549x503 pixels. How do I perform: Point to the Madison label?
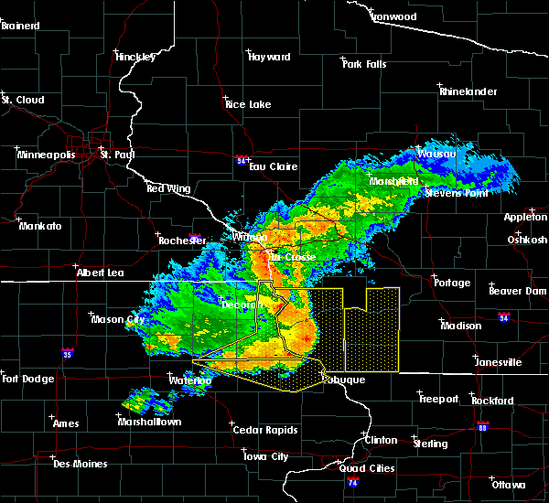[461, 326]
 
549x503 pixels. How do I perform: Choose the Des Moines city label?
[80, 464]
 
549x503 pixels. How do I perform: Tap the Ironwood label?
[394, 16]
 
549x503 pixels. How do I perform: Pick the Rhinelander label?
[469, 91]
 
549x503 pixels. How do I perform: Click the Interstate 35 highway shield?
[68, 352]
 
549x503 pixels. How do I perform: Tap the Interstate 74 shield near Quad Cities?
[355, 481]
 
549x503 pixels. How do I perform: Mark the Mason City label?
[119, 319]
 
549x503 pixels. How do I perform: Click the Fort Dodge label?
[27, 379]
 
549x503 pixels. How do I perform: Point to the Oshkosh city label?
[527, 240]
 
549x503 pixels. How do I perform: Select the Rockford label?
[493, 401]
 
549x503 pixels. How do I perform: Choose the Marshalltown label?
[149, 422]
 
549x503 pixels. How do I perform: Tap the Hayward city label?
[269, 57]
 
